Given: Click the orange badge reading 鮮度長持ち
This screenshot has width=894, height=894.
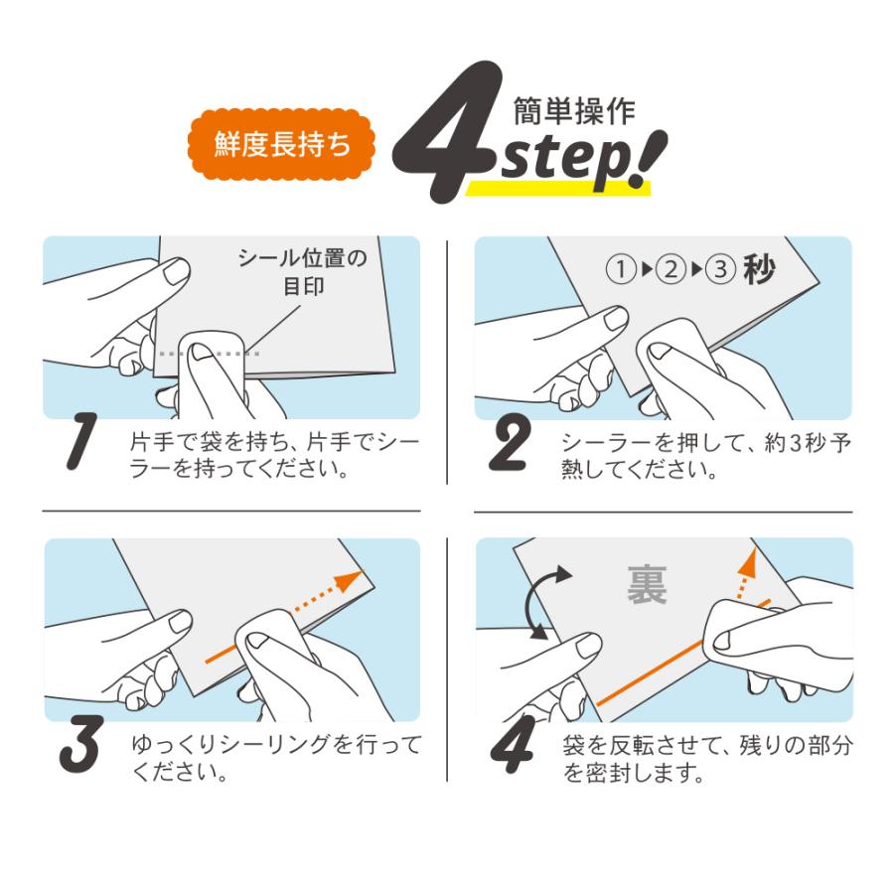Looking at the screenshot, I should tap(281, 144).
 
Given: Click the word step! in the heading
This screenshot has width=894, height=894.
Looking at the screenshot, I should tap(581, 159).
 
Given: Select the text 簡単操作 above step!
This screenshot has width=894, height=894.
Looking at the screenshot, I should tap(573, 111).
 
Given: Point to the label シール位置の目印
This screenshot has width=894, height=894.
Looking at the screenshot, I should tap(301, 272).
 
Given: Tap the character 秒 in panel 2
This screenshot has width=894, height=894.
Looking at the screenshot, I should tap(760, 270).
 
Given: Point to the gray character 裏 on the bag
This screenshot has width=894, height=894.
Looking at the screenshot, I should tap(648, 585).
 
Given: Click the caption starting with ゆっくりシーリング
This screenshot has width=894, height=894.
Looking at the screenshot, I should tap(275, 757).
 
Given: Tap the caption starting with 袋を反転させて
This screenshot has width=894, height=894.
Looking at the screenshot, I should tap(706, 757).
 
